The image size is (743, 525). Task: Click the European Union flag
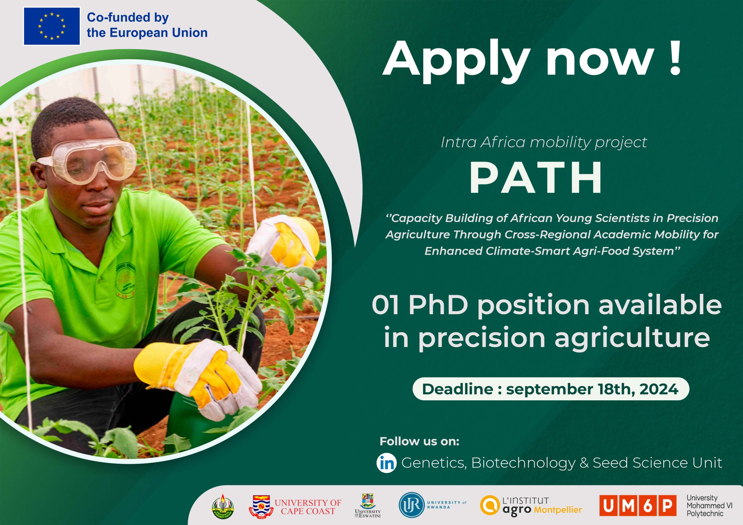[x=52, y=26]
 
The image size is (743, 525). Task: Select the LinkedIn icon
[x=386, y=463]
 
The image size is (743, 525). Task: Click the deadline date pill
[x=551, y=389]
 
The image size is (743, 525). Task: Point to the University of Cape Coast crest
[x=261, y=506]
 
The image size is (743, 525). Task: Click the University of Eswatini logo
[x=367, y=505]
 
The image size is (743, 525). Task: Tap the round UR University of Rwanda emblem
[x=411, y=505]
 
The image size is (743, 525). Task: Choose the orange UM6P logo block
[x=638, y=506]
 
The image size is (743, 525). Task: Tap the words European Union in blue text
[x=158, y=33]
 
